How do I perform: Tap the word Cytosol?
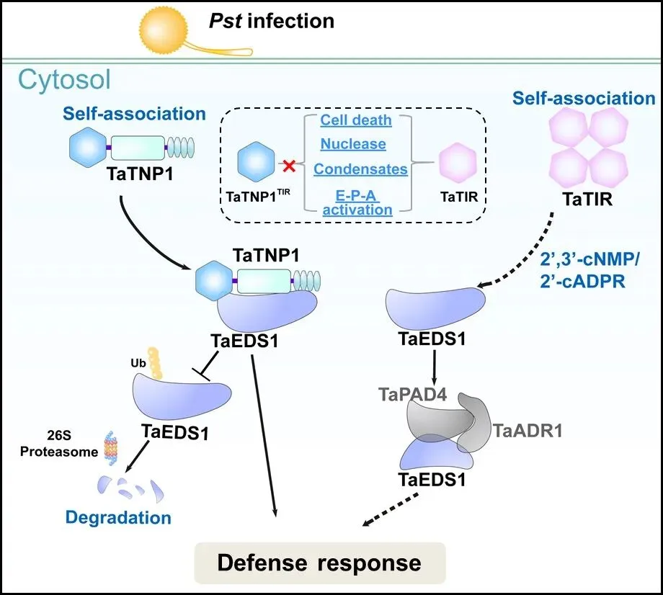pyautogui.click(x=64, y=79)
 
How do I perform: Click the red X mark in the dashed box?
pyautogui.click(x=289, y=166)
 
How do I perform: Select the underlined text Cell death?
pyautogui.click(x=355, y=120)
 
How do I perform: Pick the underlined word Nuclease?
pyautogui.click(x=353, y=143)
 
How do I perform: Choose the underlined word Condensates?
pyautogui.click(x=360, y=169)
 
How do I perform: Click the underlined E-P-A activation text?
pyautogui.click(x=357, y=203)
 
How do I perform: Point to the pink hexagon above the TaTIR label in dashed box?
pyautogui.click(x=458, y=163)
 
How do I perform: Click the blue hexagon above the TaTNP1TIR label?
pyautogui.click(x=257, y=162)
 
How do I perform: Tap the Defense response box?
pyautogui.click(x=320, y=563)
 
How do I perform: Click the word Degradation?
pyautogui.click(x=118, y=517)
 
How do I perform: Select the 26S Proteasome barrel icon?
pyautogui.click(x=111, y=448)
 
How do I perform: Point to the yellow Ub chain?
pyautogui.click(x=155, y=363)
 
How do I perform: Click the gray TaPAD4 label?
pyautogui.click(x=412, y=394)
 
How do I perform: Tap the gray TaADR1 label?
pyautogui.click(x=528, y=431)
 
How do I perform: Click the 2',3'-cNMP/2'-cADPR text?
pyautogui.click(x=589, y=270)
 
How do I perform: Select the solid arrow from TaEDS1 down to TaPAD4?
pyautogui.click(x=434, y=366)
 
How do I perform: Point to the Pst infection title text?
pyautogui.click(x=272, y=21)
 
